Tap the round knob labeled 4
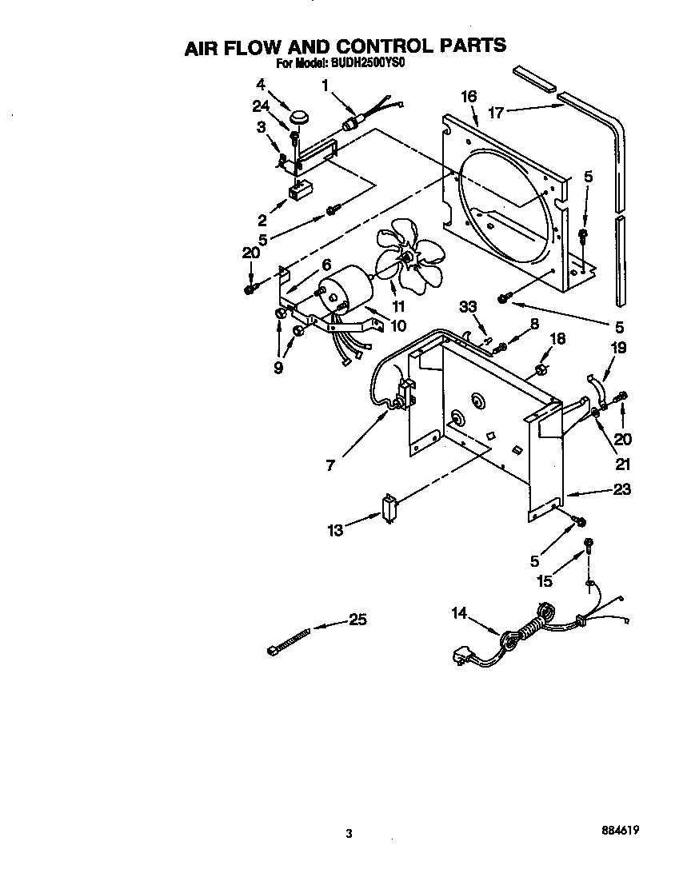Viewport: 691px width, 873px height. (300, 117)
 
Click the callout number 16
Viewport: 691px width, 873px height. (469, 97)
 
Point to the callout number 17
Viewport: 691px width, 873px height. (496, 113)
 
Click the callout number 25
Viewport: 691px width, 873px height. (357, 620)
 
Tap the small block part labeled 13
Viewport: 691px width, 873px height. (391, 508)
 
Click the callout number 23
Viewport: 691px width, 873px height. (621, 490)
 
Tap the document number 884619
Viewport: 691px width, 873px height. (621, 831)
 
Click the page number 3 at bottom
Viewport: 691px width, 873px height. (348, 833)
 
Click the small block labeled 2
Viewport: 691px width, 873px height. (299, 192)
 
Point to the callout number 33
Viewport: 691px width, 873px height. (468, 305)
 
